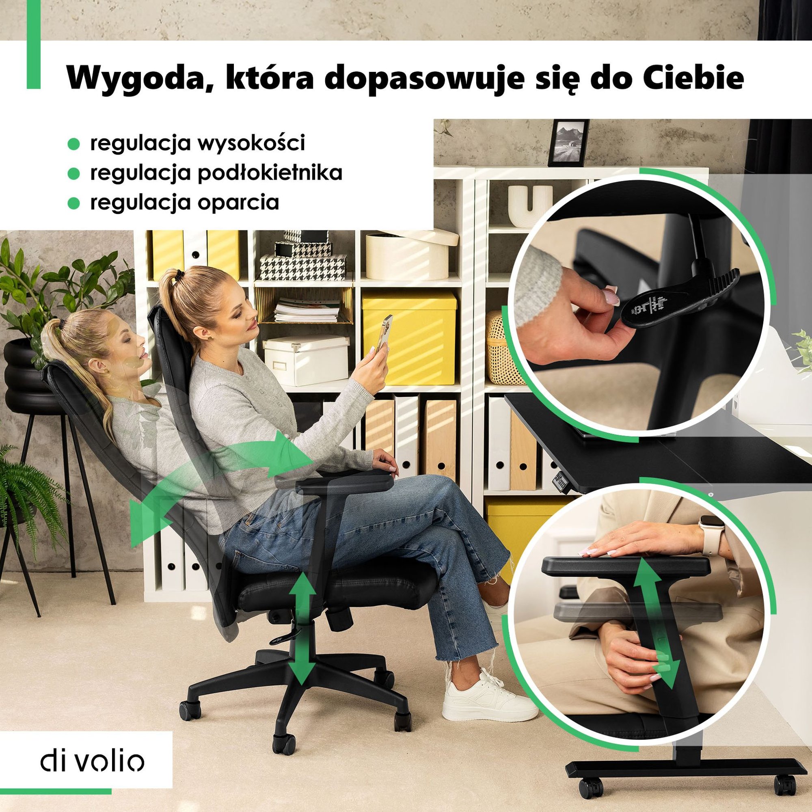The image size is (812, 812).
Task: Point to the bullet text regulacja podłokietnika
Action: (x=216, y=173)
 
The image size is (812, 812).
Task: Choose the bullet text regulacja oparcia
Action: (x=184, y=202)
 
